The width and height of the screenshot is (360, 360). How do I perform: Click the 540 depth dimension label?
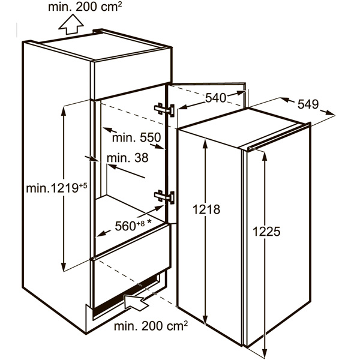coord(215,98)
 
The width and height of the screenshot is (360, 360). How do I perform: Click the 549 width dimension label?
coord(308,104)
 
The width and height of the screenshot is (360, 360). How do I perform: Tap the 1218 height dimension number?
coord(206,209)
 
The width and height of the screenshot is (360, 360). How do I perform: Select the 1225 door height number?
coord(266,231)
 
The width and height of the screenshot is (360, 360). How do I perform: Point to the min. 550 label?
coord(137,138)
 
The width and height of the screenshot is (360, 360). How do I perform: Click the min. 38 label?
coord(128,158)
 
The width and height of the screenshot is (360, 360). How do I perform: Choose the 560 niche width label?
coord(125,226)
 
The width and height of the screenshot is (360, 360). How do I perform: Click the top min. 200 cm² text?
coord(85,7)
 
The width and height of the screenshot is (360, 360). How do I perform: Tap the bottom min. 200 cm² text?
coord(151,326)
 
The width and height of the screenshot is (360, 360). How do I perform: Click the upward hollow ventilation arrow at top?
coord(71,25)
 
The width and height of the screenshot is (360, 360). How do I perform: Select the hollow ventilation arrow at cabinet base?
coord(136,302)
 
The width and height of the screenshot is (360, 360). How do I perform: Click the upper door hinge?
coord(164,109)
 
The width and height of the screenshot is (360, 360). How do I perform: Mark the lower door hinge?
coord(164,197)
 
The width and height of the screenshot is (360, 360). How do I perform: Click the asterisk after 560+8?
coord(149,221)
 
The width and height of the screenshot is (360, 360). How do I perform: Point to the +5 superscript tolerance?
coord(83,185)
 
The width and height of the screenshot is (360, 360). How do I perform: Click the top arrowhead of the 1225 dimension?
coord(265,156)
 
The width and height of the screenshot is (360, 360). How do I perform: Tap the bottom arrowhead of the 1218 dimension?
coord(205,320)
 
